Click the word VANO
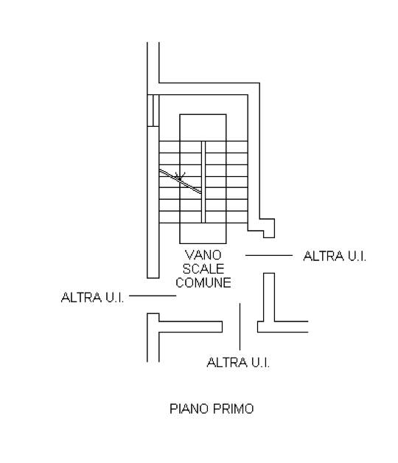click(203, 255)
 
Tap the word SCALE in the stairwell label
click(203, 268)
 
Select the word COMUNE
click(203, 282)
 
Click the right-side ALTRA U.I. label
click(335, 256)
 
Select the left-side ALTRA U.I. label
click(92, 297)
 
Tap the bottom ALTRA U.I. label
click(238, 362)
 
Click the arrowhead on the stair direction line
click(180, 177)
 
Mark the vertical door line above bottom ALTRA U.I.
click(240, 327)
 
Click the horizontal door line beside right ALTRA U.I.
click(269, 255)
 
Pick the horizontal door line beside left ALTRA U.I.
click(153, 296)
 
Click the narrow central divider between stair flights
click(203, 182)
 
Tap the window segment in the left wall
click(153, 111)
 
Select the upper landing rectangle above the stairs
click(203, 128)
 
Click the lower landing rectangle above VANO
click(203, 233)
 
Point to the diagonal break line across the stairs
click(181, 181)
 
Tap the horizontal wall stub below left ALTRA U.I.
click(190, 327)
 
